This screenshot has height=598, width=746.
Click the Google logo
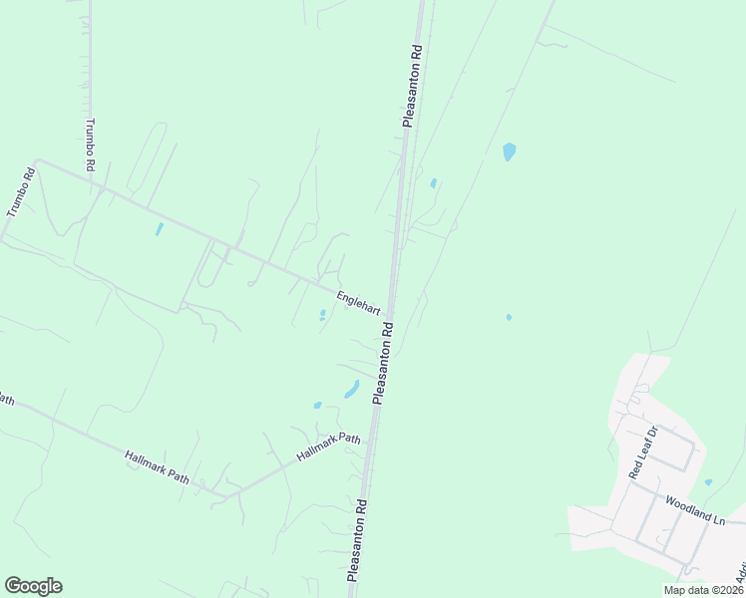tap(33, 586)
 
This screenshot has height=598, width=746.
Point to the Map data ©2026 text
tap(703, 590)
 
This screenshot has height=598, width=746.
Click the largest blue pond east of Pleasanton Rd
tap(510, 151)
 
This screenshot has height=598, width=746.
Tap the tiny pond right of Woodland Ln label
tap(707, 483)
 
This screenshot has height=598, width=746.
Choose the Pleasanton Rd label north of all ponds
tap(412, 85)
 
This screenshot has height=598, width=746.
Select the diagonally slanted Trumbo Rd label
tap(20, 192)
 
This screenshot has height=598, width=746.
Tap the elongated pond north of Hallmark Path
tap(351, 389)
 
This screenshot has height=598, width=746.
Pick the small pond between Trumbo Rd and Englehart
tap(160, 229)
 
